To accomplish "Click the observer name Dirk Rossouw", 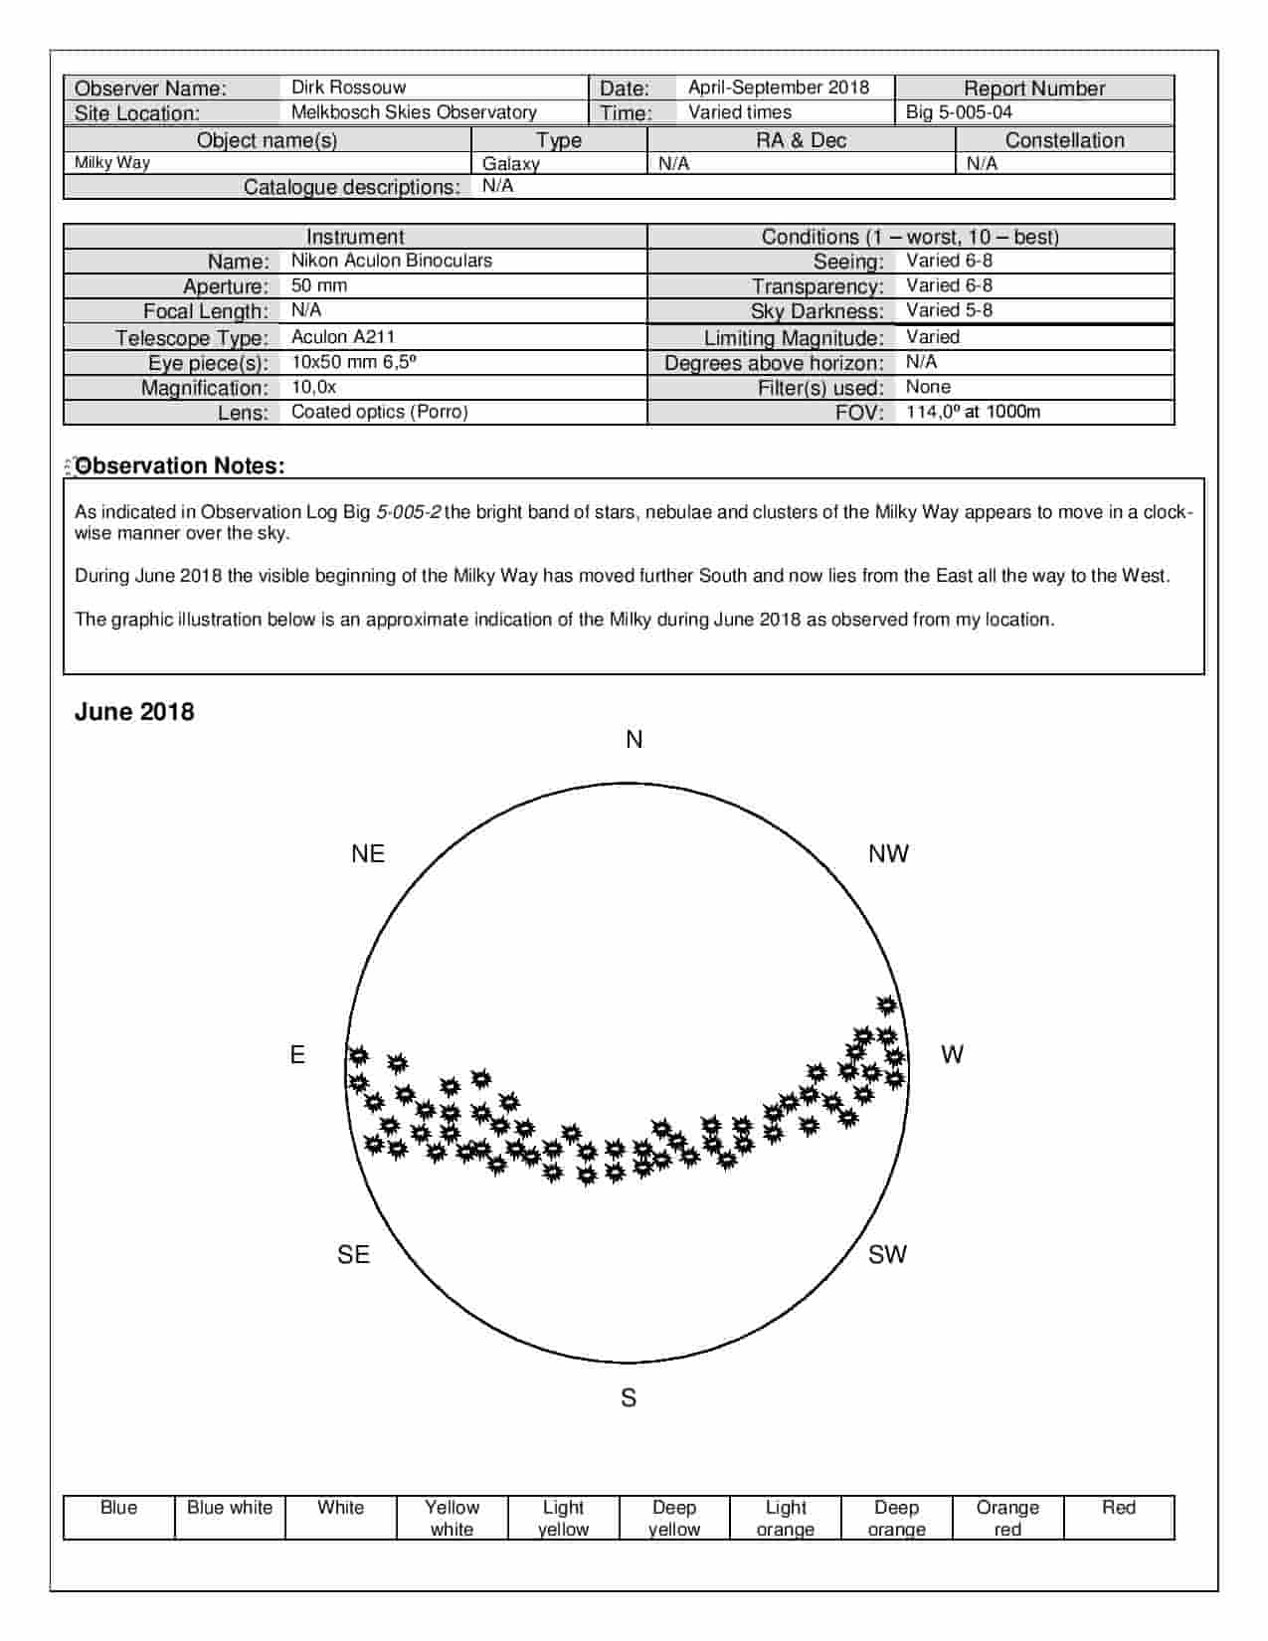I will pos(348,88).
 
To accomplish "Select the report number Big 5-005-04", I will pos(958,112).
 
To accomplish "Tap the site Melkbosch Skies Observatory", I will pos(414,112).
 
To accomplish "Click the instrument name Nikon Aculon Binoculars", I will pos(391,261).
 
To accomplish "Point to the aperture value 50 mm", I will pos(319,285).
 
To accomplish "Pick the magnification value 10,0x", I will pos(313,387).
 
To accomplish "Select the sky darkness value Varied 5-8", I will pos(949,310).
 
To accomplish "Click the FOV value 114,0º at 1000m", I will pos(973,412).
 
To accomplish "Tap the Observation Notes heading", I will pos(180,465).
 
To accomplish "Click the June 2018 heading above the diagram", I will pos(134,712).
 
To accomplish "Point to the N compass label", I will pos(634,740).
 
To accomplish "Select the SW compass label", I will pos(887,1255).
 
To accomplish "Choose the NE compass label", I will pos(368,854).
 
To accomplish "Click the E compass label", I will pos(297,1055).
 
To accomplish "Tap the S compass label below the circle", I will pos(629,1398).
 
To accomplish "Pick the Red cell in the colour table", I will pos(1118,1518).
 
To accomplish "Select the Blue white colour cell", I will pos(230,1518).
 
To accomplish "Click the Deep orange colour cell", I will pos(896,1518).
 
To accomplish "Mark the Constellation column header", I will pos(1064,140).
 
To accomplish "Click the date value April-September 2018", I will pos(778,88).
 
